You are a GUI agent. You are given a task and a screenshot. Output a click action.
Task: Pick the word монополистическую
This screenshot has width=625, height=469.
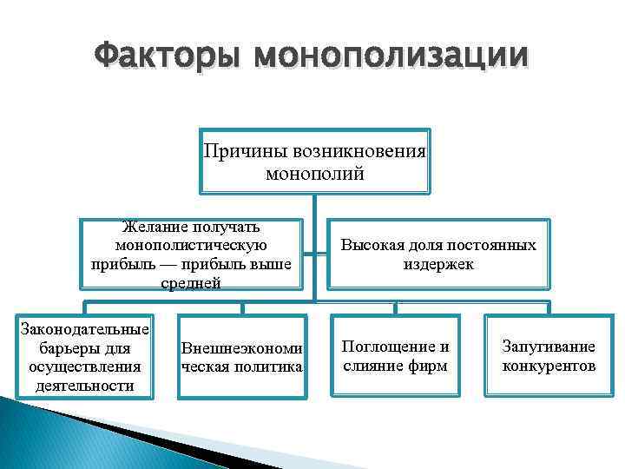(193, 245)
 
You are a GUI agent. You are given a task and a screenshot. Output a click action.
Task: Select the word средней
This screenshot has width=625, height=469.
(191, 282)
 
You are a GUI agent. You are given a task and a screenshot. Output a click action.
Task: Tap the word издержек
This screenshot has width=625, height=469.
(437, 263)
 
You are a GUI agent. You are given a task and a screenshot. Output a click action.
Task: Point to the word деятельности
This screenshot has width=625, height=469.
(84, 385)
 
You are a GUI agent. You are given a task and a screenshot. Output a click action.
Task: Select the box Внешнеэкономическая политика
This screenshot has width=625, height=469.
(241, 358)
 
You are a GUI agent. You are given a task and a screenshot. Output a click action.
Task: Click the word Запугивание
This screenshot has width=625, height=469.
(549, 347)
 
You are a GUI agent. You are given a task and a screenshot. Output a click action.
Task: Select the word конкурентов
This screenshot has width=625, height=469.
(549, 366)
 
